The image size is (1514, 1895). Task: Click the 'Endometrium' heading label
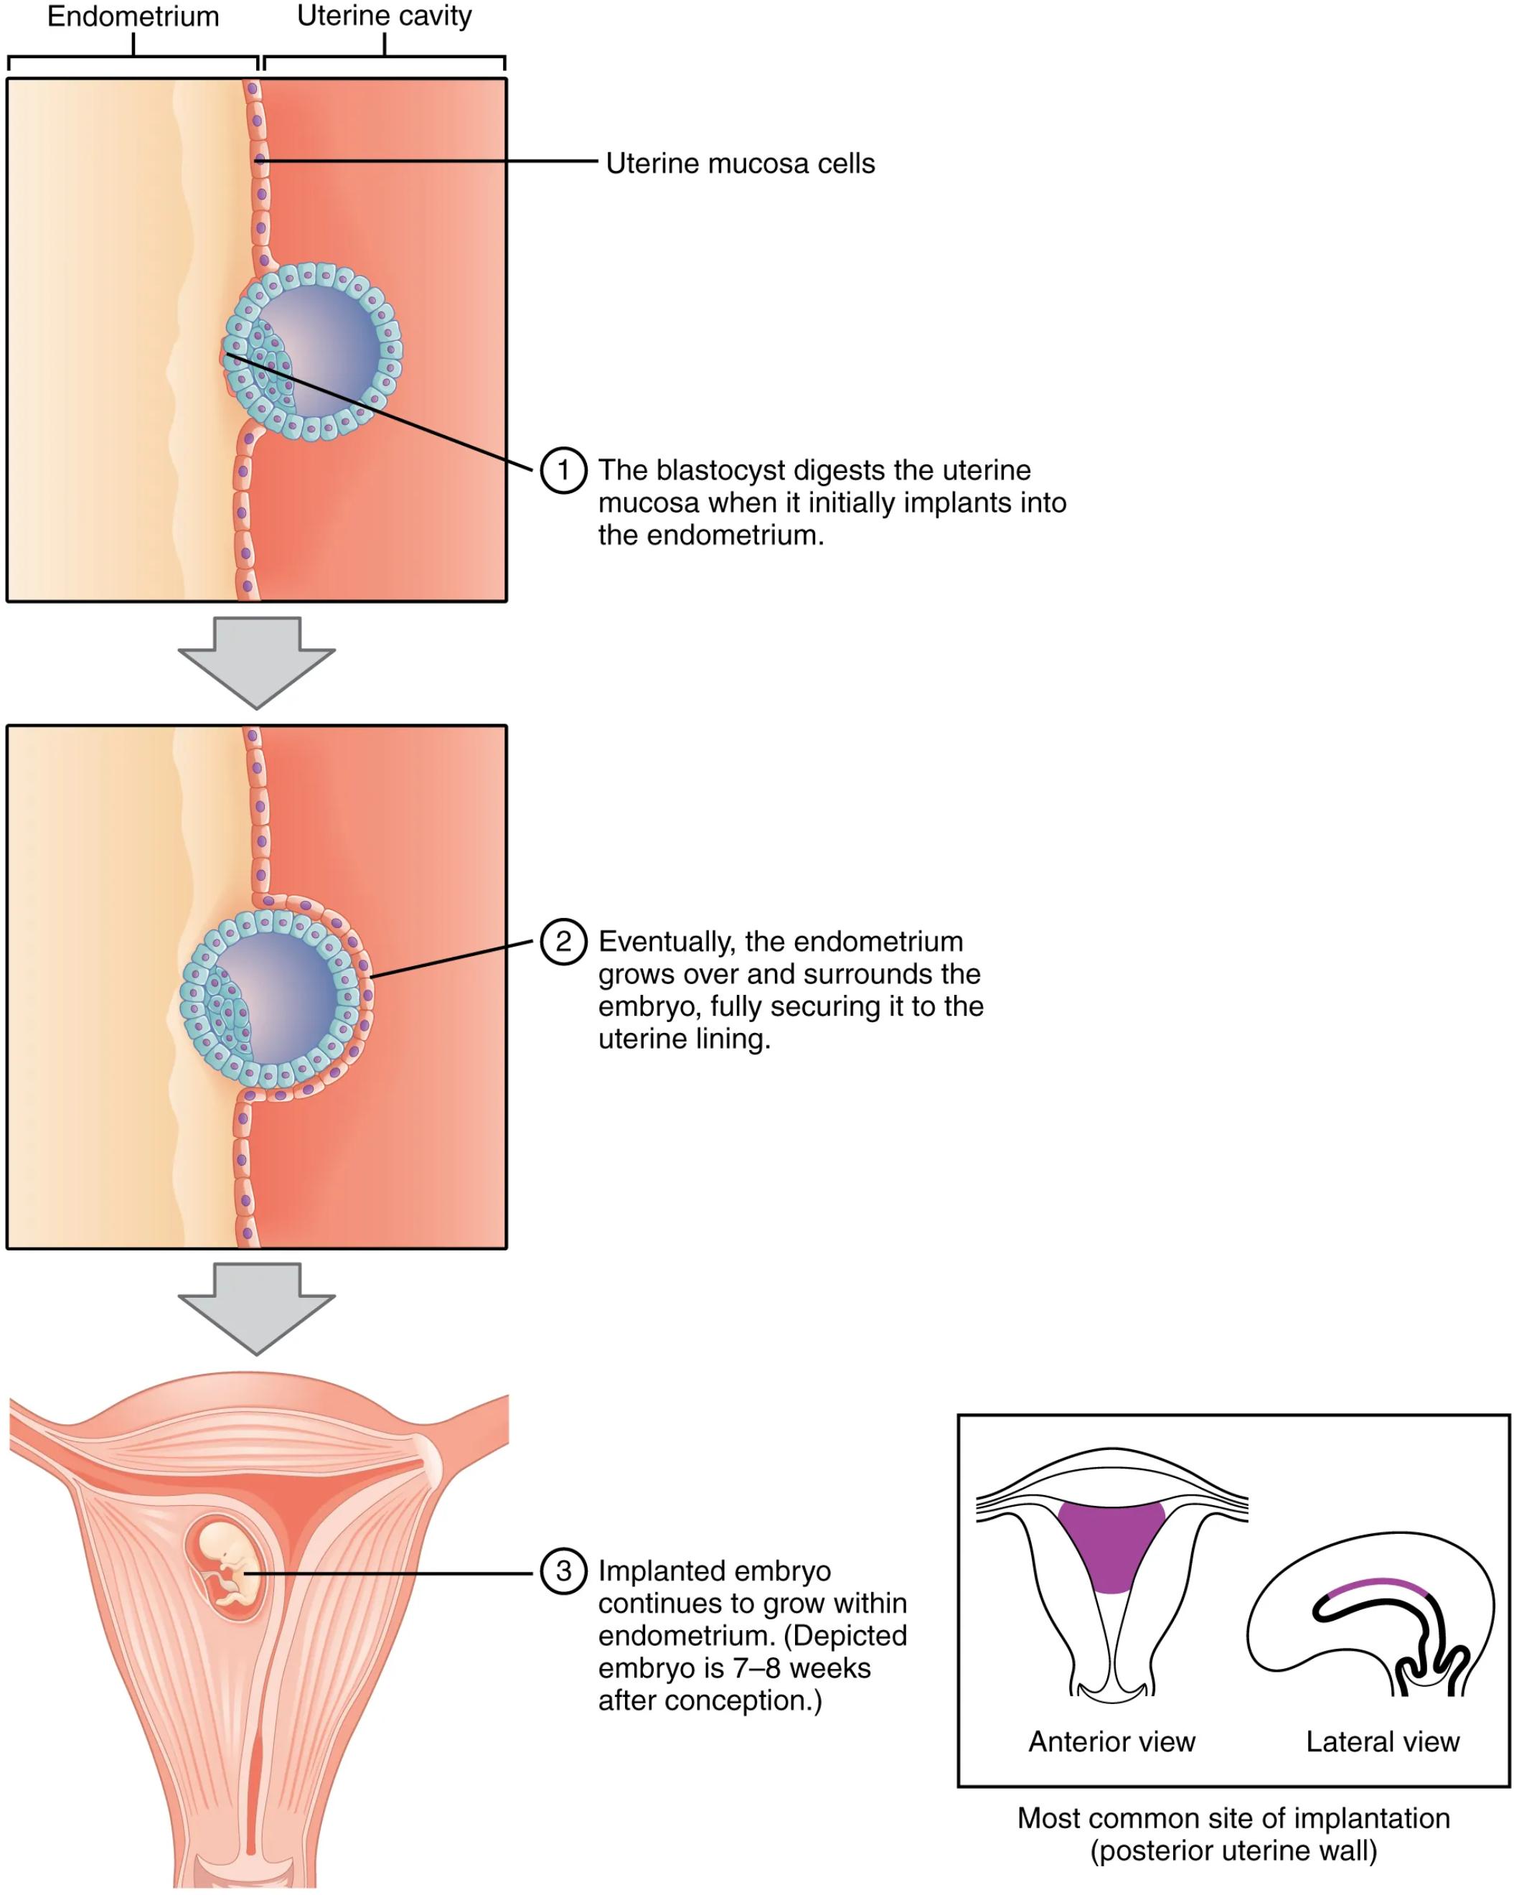tap(133, 17)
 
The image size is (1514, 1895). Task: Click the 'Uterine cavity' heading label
tap(384, 16)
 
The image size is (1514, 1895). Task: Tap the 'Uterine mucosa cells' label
tap(740, 164)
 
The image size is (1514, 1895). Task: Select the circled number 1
tap(563, 470)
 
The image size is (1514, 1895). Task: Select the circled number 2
tap(563, 941)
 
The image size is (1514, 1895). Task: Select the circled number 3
tap(563, 1571)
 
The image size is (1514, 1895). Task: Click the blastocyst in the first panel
tap(312, 352)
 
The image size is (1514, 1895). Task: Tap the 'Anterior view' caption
tap(1111, 1742)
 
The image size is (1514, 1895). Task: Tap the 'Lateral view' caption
tap(1382, 1742)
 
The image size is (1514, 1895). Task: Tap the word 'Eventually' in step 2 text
tap(664, 941)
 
